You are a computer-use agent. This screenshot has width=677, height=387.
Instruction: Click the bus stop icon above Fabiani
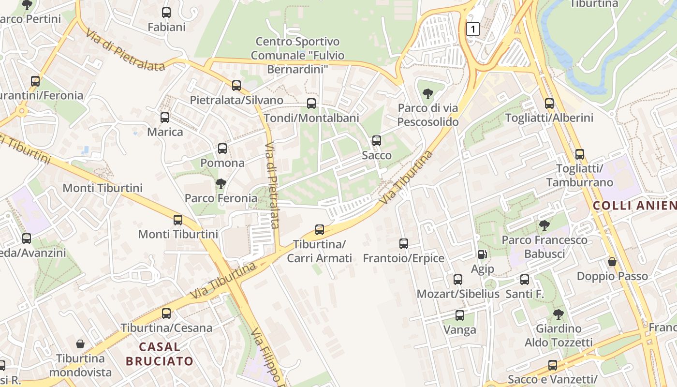click(166, 13)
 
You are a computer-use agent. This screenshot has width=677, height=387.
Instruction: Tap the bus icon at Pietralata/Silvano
click(236, 86)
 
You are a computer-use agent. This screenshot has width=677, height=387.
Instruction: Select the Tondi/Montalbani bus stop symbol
click(311, 103)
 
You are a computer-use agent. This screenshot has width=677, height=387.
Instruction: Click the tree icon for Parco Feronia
click(221, 183)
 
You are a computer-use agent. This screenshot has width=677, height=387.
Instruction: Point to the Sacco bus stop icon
click(376, 141)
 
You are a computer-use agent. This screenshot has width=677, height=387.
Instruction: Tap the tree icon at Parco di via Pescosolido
click(427, 93)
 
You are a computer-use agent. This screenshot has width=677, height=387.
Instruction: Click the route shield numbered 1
click(472, 29)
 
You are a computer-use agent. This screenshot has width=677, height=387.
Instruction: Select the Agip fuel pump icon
click(482, 254)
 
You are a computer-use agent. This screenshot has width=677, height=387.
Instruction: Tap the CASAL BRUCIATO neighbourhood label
click(160, 354)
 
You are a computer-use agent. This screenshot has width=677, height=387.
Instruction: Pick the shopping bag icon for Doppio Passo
click(612, 262)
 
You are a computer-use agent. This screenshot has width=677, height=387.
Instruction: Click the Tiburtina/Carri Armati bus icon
click(320, 229)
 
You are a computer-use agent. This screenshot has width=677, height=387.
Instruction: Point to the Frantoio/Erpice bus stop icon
click(404, 243)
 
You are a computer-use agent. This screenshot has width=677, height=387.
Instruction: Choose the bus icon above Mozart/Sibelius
click(458, 279)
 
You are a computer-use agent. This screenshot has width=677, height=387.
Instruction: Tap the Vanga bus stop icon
click(460, 315)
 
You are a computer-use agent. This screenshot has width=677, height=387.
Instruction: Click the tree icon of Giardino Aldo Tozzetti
click(559, 314)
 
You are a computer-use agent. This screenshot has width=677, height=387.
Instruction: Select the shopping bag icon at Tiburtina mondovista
click(80, 344)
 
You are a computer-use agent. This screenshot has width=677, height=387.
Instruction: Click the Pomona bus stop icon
click(222, 149)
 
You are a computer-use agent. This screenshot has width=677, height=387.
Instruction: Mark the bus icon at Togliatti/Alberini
click(549, 103)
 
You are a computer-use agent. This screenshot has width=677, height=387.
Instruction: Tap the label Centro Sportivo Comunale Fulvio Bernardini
click(297, 55)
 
